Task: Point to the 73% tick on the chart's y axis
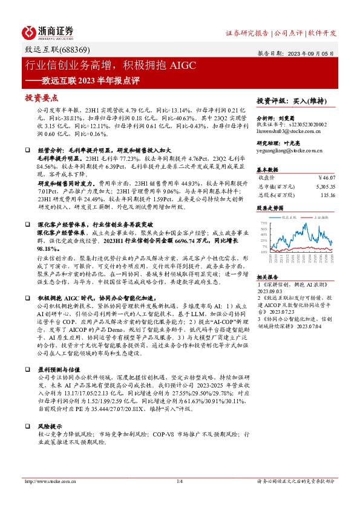coord(264,224)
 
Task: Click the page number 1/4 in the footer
coord(180,481)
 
